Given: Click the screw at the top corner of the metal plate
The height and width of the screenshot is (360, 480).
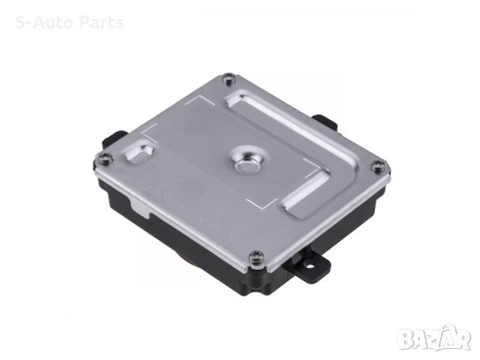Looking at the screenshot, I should click(x=228, y=78).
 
